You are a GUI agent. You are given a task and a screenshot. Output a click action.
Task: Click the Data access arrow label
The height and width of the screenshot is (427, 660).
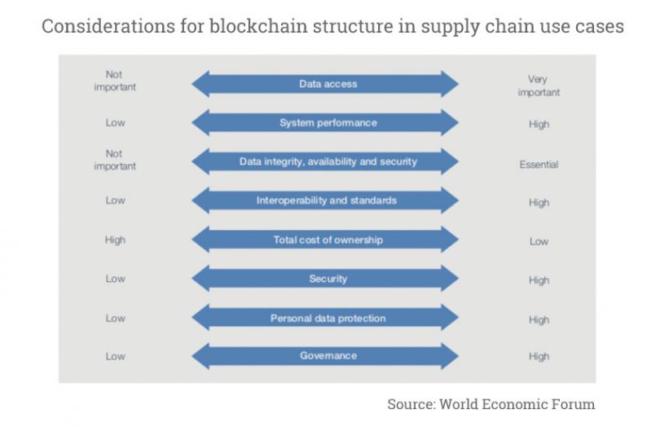tap(328, 84)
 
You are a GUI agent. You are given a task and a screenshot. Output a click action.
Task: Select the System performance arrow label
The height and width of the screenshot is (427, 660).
tap(328, 123)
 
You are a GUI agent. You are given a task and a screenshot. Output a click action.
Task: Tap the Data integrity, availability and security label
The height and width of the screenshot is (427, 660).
tap(328, 161)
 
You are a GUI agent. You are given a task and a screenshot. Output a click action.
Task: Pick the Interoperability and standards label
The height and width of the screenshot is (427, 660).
tap(328, 200)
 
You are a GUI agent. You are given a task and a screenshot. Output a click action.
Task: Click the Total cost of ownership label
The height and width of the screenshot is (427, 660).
tap(328, 240)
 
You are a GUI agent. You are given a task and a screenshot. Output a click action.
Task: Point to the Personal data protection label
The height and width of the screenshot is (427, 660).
tap(328, 318)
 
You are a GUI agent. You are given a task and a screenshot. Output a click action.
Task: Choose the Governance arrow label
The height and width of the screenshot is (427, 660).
tap(328, 356)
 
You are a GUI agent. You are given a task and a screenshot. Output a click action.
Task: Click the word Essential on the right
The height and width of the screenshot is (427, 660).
tap(539, 165)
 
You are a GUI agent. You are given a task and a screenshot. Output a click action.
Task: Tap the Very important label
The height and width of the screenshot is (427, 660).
tap(539, 86)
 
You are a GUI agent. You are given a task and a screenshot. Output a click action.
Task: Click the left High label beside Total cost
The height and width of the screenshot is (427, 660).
tap(115, 240)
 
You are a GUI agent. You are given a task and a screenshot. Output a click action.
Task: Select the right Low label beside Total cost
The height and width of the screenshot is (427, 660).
tap(539, 241)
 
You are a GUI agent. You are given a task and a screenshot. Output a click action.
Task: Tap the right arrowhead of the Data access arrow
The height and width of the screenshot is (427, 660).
tap(451, 84)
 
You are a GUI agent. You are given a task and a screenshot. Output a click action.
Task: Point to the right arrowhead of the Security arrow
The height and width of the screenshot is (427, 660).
tap(451, 279)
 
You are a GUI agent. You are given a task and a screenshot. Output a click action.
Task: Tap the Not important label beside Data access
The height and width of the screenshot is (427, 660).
tap(115, 81)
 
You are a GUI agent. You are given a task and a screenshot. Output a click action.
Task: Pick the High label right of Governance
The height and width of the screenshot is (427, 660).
tap(539, 357)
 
